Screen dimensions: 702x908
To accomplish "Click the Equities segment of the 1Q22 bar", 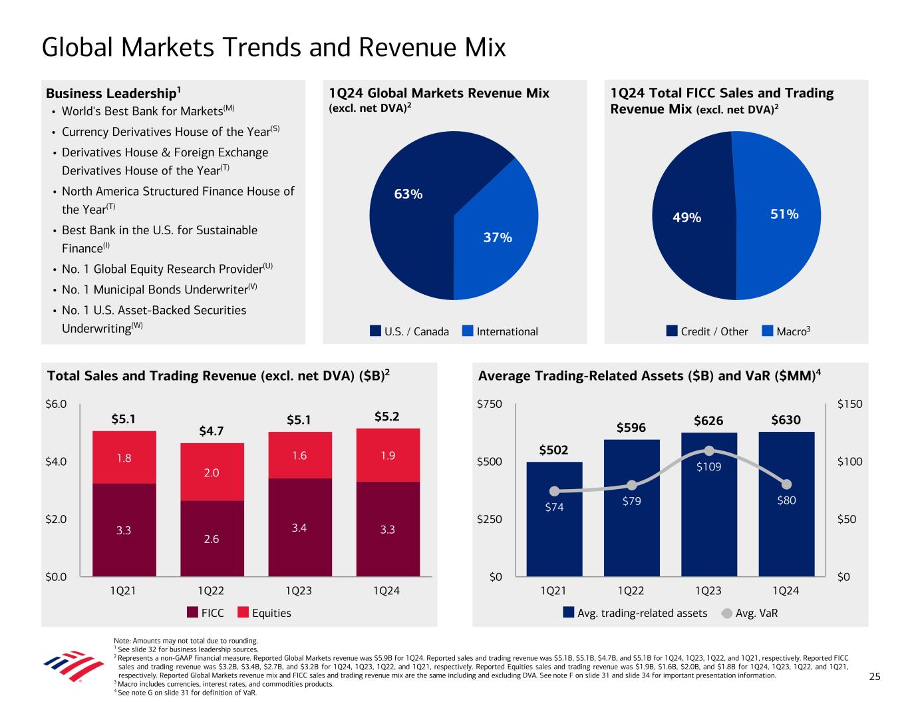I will (x=212, y=472).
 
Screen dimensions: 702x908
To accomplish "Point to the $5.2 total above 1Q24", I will (x=387, y=417).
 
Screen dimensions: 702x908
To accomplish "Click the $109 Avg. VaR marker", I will (x=709, y=451).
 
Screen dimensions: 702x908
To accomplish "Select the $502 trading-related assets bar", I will (x=553, y=519).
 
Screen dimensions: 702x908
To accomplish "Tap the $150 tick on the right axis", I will (x=849, y=404).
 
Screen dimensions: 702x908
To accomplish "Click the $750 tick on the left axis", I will (x=490, y=404).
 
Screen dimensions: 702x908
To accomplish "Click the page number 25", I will (x=875, y=677).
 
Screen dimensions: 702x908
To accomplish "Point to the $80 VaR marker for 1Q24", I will (x=786, y=484).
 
